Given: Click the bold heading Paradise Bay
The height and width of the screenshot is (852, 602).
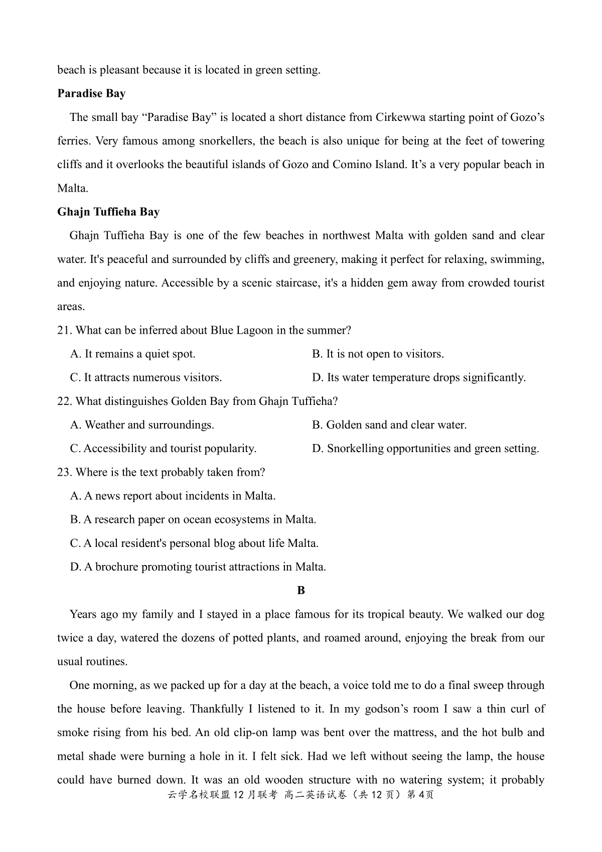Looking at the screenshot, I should click(x=91, y=94).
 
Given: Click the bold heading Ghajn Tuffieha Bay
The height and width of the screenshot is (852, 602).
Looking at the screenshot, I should click(x=108, y=212).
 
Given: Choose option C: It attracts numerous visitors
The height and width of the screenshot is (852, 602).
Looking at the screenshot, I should click(x=146, y=378).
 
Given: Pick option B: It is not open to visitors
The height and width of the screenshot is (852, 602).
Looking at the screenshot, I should click(x=378, y=354).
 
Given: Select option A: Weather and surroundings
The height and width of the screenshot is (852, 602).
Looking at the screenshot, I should click(x=142, y=425).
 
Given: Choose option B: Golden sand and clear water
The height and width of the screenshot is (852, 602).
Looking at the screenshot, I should click(x=389, y=425).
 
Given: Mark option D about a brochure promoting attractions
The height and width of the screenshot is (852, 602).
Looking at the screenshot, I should click(x=198, y=567).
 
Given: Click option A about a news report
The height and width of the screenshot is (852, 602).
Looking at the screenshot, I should click(x=173, y=496).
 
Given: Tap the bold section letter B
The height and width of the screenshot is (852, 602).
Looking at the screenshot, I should click(x=301, y=591).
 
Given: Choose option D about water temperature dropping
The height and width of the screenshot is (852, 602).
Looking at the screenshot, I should click(x=419, y=378).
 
